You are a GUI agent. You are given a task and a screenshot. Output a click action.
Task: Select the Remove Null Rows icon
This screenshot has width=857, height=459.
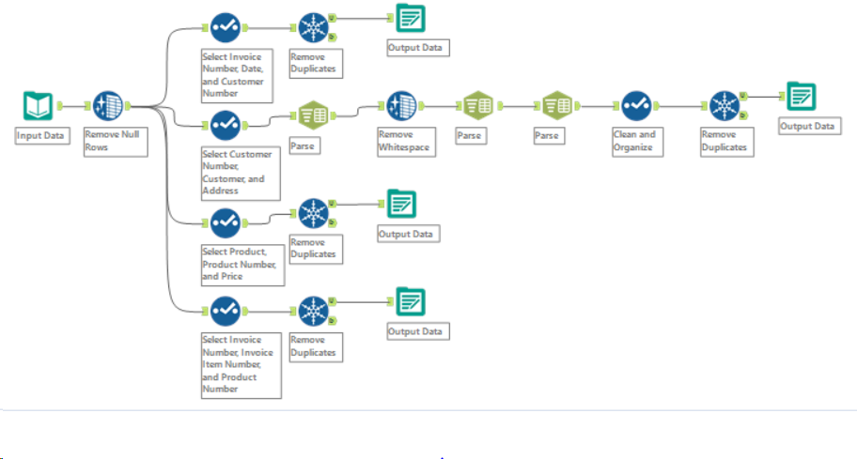tap(109, 106)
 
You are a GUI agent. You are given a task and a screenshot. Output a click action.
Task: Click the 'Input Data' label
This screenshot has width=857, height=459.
tap(42, 136)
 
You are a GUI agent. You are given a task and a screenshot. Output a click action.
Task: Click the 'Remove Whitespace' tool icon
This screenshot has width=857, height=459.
tap(401, 106)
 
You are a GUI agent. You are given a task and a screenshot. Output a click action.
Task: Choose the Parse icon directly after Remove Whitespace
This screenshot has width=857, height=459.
tap(477, 106)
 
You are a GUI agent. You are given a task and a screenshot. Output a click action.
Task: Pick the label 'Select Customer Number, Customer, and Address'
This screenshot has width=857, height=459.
tap(240, 172)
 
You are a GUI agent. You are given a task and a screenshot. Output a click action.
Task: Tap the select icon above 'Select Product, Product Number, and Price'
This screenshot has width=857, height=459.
tap(225, 222)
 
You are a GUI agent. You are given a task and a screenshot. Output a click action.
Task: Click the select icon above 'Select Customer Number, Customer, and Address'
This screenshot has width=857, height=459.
tap(225, 122)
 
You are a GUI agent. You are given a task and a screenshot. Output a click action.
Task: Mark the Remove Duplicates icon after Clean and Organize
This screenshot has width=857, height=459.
tap(725, 105)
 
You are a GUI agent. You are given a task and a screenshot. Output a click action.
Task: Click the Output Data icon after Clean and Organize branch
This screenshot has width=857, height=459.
tap(801, 97)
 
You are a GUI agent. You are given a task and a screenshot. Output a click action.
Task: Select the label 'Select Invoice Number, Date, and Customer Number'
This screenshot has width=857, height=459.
tap(240, 75)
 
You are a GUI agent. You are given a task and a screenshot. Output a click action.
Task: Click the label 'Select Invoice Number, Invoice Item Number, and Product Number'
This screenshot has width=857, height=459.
tap(240, 364)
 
